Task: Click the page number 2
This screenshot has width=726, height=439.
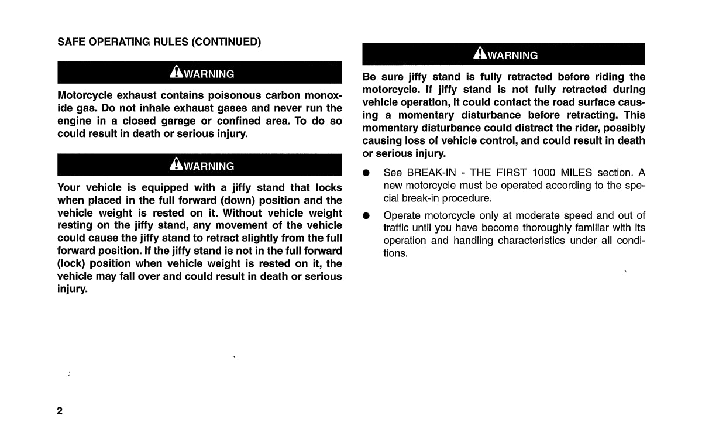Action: pyautogui.click(x=60, y=410)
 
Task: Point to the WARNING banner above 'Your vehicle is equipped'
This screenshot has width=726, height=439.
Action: pyautogui.click(x=199, y=165)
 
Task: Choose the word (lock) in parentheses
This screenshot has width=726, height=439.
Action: pyautogui.click(x=71, y=264)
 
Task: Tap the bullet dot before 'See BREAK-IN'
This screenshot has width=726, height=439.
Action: pyautogui.click(x=366, y=173)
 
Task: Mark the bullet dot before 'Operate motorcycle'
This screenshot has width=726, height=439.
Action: pyautogui.click(x=366, y=216)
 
